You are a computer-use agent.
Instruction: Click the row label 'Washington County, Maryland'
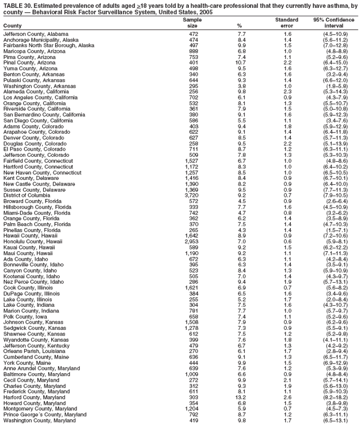pyautogui.click(x=39, y=420)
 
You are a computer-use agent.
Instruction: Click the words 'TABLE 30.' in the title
pyautogui.click(x=17, y=4)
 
